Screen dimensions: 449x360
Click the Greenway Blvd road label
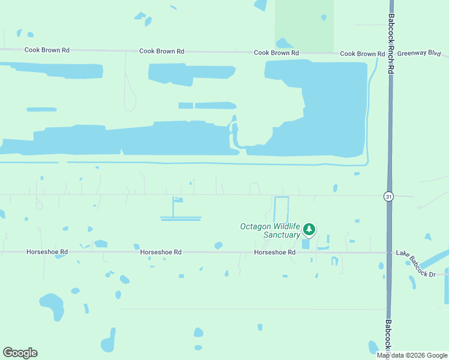coord(418,53)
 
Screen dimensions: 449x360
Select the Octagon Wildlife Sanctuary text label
coord(270,230)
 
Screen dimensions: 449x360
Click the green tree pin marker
coord(309,229)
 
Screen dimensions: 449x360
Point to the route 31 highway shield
coord(389,196)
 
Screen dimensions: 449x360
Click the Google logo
coord(20,352)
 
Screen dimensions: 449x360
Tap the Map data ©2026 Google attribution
coord(412,355)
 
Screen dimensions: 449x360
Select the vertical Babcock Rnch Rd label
coord(391,44)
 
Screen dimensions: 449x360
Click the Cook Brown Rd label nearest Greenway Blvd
coord(362,54)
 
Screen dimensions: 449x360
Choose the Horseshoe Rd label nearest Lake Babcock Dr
coord(275,253)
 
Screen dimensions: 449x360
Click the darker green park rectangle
coord(304,24)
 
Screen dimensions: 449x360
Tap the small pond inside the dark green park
coord(324,17)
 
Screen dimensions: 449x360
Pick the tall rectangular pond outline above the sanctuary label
coord(282,211)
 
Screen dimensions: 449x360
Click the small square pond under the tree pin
coord(307,244)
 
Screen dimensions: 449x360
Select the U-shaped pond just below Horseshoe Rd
coord(334,261)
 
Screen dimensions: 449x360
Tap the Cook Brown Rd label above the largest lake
coord(276,53)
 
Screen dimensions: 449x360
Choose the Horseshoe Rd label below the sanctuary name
coord(275,253)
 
